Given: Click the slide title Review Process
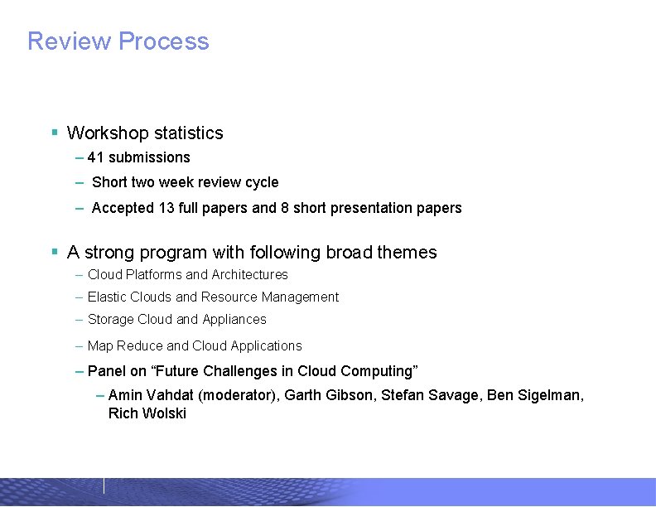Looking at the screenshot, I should pos(118,41).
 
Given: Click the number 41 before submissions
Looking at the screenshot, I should pos(95,157).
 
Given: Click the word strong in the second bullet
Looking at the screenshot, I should pos(111,253).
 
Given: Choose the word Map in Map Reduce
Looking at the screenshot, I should pos(100,346).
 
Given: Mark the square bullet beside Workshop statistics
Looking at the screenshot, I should pos(54,133).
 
